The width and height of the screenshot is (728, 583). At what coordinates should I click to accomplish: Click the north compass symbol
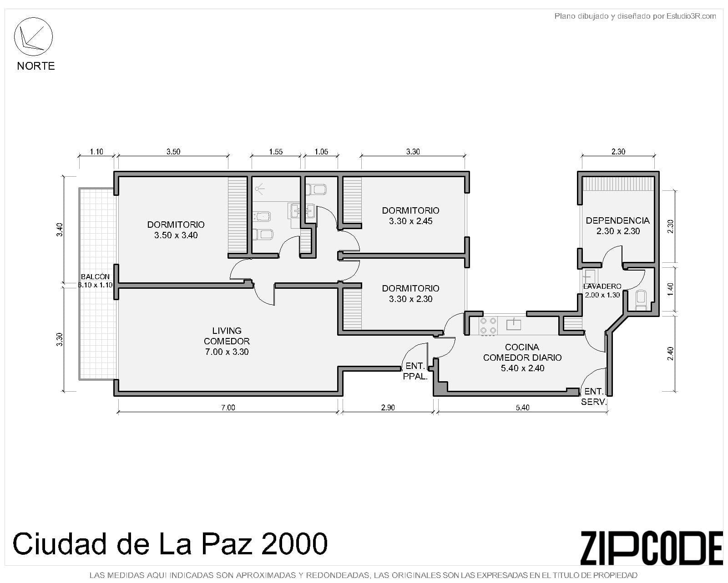(33, 37)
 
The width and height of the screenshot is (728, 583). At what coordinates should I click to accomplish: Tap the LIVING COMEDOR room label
(227, 341)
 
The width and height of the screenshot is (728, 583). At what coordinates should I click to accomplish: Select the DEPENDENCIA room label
(618, 225)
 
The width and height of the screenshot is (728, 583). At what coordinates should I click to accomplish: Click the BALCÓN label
(95, 281)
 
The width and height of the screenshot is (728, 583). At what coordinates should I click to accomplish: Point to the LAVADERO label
(602, 290)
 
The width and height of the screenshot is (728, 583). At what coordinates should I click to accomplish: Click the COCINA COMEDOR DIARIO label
(522, 358)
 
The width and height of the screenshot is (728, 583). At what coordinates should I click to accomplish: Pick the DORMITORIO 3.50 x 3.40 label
(176, 230)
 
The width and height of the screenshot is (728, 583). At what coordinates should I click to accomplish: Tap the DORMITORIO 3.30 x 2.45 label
(410, 215)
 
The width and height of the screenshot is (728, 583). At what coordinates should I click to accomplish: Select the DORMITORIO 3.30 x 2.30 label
(410, 293)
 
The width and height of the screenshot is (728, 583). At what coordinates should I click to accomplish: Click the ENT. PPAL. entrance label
(415, 371)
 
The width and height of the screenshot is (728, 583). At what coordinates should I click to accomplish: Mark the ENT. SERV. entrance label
(594, 397)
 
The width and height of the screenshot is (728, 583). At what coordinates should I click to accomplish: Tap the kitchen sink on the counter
(514, 324)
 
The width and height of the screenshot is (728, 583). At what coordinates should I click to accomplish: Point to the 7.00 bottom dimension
(228, 408)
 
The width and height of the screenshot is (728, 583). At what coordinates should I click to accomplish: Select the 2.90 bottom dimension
(388, 408)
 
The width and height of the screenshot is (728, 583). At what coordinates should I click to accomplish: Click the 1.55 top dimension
(276, 152)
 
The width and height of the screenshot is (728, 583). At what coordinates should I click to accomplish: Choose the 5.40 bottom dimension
(522, 408)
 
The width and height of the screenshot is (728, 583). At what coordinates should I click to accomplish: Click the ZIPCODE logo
(651, 548)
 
